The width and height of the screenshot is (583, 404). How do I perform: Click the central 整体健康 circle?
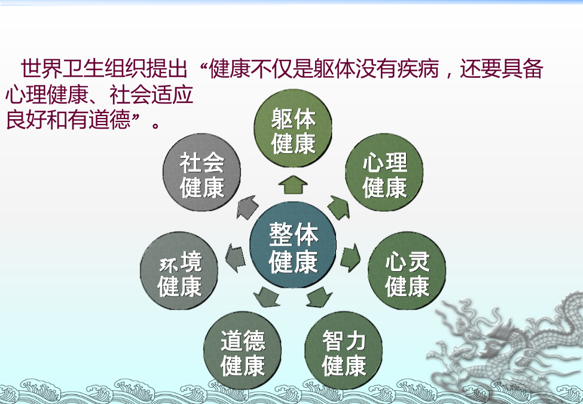click(x=293, y=245)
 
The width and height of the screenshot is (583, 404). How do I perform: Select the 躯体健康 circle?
click(x=293, y=128)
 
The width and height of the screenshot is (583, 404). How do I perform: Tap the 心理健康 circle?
click(x=384, y=172)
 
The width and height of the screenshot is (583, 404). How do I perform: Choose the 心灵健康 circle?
click(x=407, y=271)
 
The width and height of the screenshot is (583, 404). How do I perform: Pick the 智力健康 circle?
click(x=344, y=350)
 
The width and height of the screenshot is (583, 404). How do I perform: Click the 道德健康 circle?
click(x=242, y=350)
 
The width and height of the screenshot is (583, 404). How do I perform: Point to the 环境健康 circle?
click(x=179, y=271)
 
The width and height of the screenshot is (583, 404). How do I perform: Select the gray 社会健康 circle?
click(x=202, y=172)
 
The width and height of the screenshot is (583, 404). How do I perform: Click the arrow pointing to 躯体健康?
click(x=293, y=184)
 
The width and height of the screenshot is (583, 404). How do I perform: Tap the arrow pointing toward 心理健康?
click(x=339, y=207)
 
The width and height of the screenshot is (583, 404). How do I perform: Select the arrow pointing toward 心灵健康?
click(x=350, y=257)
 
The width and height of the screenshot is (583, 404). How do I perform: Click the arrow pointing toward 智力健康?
click(x=319, y=297)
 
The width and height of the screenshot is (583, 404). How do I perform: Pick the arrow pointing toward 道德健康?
click(x=267, y=297)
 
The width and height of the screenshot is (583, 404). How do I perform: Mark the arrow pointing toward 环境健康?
click(x=236, y=257)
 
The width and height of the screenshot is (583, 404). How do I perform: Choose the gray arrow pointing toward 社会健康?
click(x=248, y=207)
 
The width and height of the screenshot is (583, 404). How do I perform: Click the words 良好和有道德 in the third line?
click(x=68, y=119)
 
